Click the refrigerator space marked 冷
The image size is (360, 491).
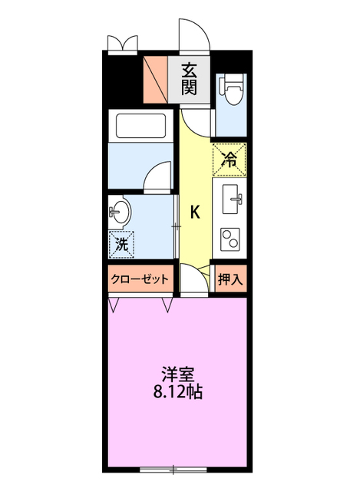(230, 160)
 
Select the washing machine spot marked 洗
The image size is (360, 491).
(121, 245)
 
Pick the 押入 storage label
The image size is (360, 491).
(230, 280)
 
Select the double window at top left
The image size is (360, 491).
(121, 42)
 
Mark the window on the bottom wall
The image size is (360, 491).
(173, 468)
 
